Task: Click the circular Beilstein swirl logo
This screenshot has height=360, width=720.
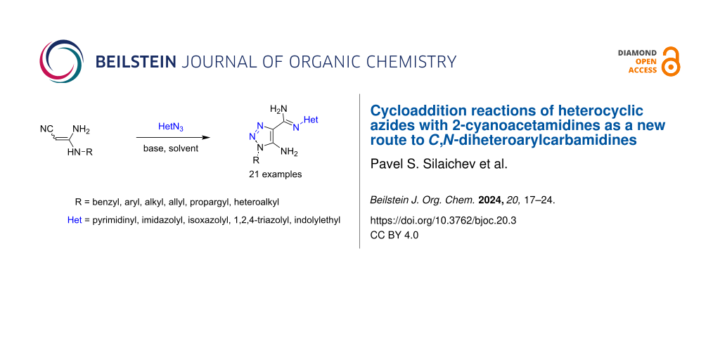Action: tap(62, 62)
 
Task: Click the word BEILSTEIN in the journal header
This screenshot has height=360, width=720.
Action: tap(136, 62)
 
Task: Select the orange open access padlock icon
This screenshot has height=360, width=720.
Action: tap(671, 61)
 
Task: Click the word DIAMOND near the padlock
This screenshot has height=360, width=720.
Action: tap(637, 53)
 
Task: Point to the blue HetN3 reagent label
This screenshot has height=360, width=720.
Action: tap(171, 127)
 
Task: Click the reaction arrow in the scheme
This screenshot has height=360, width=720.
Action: tap(173, 138)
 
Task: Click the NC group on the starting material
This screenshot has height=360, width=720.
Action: tap(46, 129)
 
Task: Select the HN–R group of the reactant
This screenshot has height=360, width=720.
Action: tap(80, 152)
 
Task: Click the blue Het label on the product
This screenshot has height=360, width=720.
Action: tap(310, 120)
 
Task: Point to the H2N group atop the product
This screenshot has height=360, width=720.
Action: tap(278, 109)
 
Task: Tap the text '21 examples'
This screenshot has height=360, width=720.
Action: tap(276, 174)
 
